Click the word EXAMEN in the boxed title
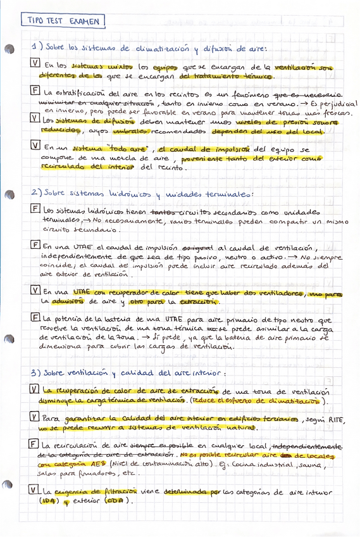click(82, 22)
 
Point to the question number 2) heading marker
click(35, 193)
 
